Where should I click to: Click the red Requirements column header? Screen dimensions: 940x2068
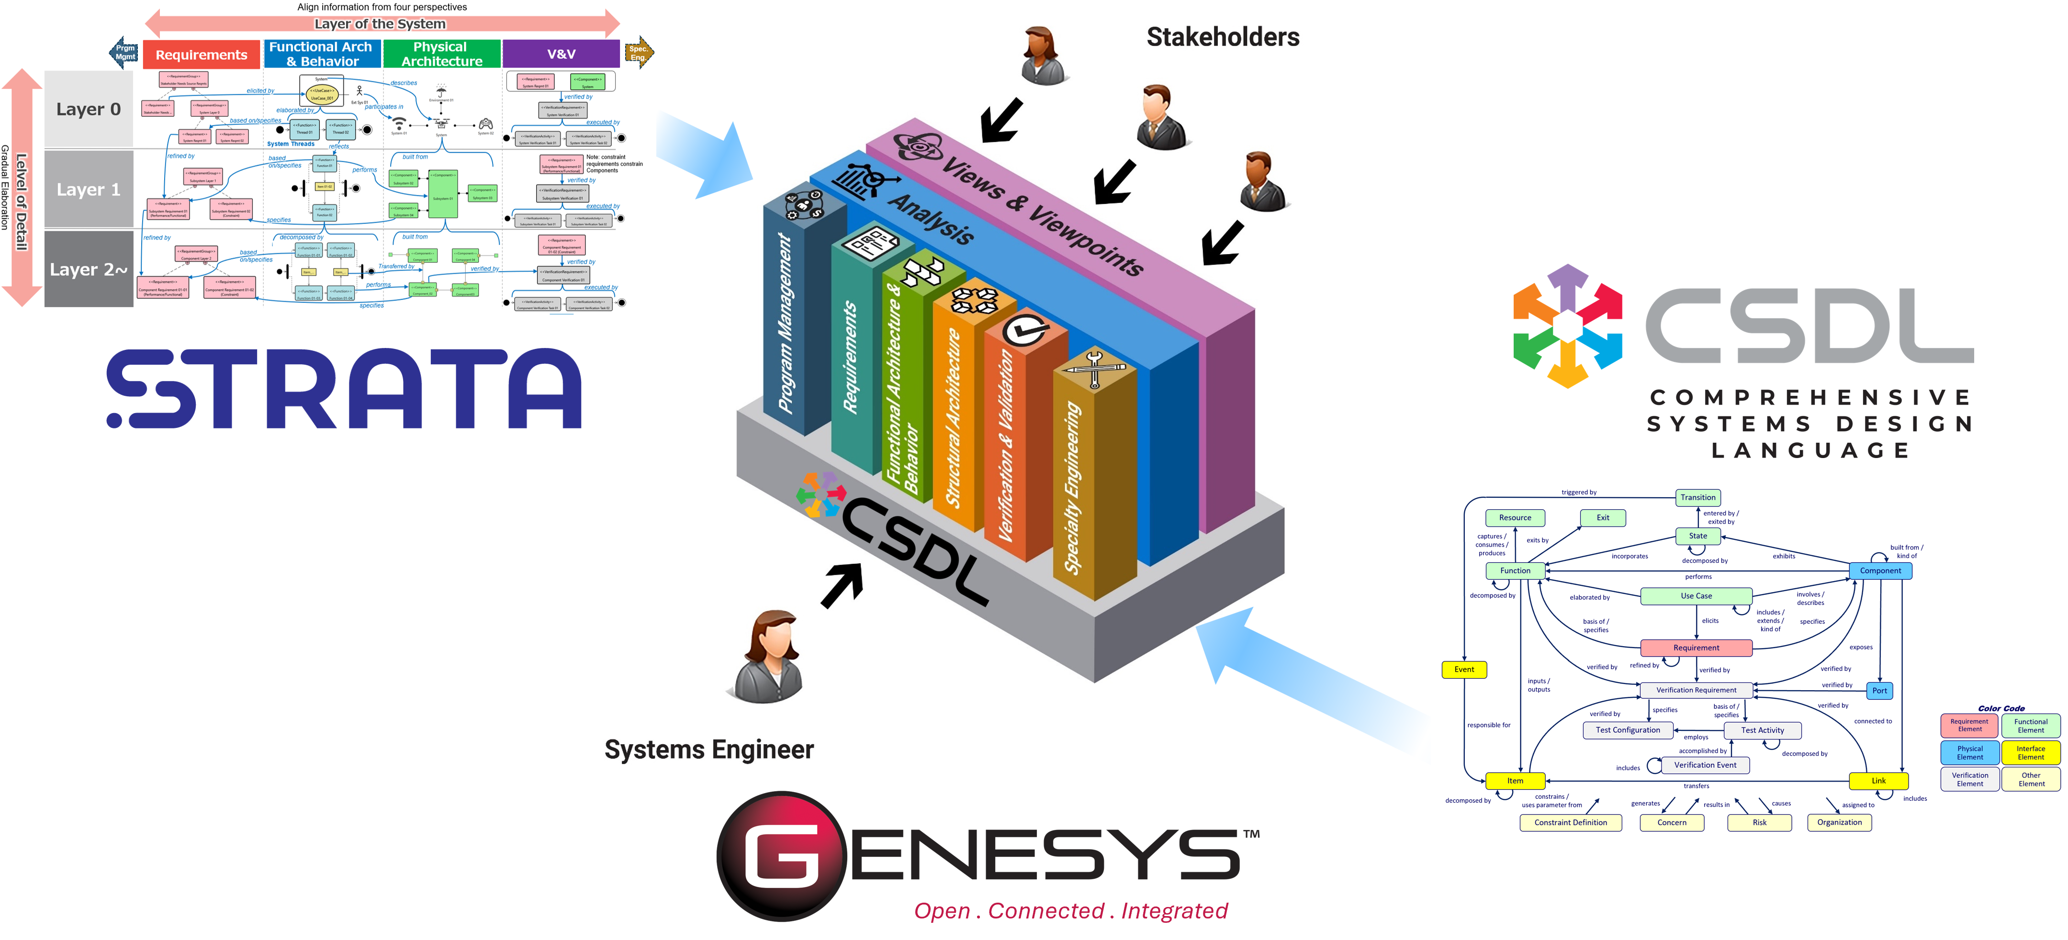(202, 55)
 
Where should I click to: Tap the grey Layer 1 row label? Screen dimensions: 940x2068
(88, 190)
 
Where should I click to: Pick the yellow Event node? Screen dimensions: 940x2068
(1464, 670)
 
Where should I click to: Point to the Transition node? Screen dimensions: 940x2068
(1698, 498)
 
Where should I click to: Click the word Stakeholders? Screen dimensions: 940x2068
(1223, 37)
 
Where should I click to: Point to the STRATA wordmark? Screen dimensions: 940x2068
(345, 389)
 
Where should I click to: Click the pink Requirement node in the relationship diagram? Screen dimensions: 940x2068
(1697, 648)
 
